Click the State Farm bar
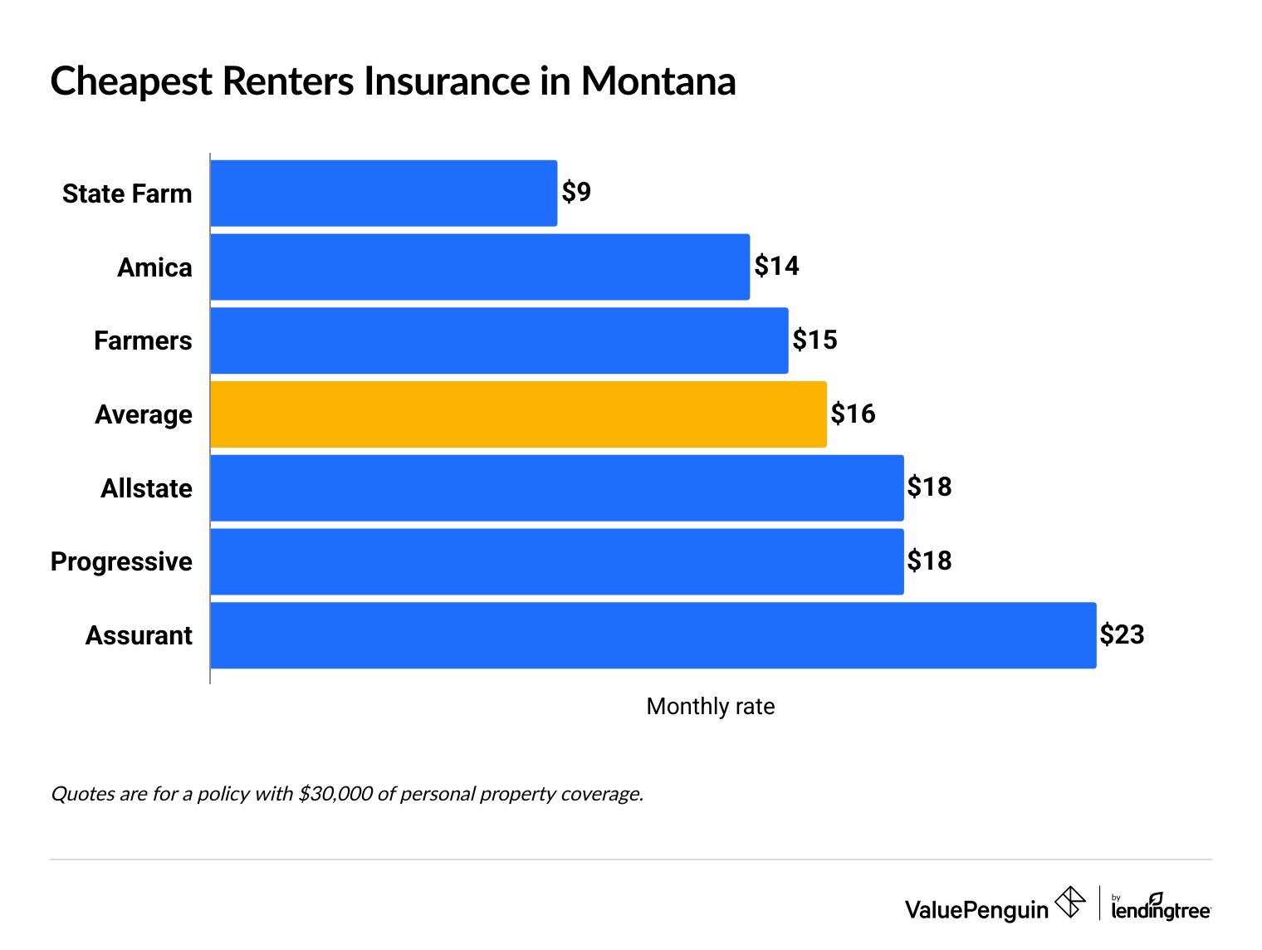[384, 193]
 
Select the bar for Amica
[480, 267]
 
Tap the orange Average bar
[518, 414]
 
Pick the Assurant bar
[653, 635]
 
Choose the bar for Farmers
[499, 340]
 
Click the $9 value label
[576, 193]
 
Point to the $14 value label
[776, 267]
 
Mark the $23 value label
[1122, 635]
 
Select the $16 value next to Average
[853, 414]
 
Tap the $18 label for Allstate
[929, 487]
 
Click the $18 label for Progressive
[929, 561]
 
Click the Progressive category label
[121, 562]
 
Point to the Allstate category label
[146, 488]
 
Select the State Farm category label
[127, 194]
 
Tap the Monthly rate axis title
[710, 707]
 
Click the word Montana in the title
[658, 82]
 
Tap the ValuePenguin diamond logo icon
[1070, 903]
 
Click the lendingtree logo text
[1161, 910]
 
